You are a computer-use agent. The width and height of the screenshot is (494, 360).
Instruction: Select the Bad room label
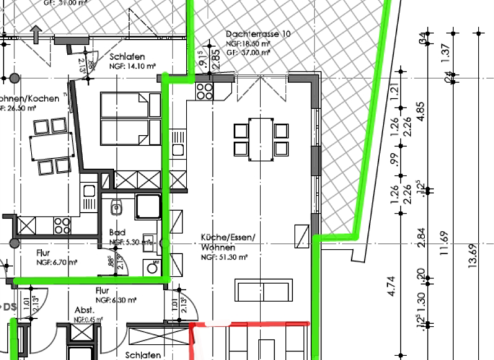click(x=117, y=232)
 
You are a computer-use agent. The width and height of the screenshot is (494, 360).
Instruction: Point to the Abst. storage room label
click(x=85, y=309)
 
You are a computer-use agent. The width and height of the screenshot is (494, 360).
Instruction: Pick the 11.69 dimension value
click(x=443, y=244)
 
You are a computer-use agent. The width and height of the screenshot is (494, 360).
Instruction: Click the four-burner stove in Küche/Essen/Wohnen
click(x=205, y=91)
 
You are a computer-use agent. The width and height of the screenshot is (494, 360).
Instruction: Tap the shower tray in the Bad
click(x=148, y=207)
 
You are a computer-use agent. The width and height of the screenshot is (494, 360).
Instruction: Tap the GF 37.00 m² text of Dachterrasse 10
click(x=248, y=53)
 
